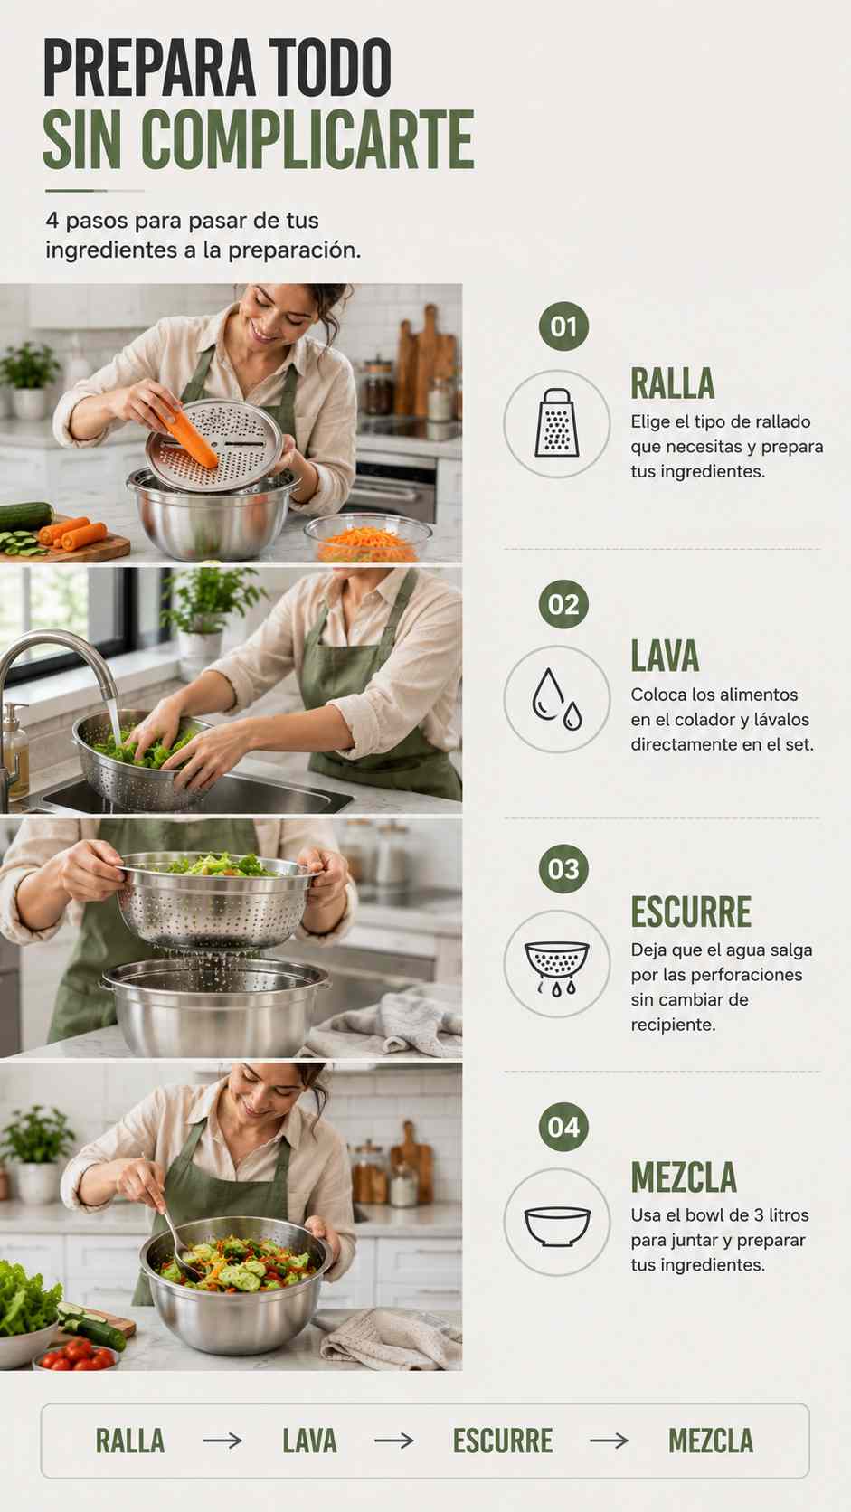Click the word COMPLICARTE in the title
(307, 140)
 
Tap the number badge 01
(563, 326)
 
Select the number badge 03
(563, 869)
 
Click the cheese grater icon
(557, 422)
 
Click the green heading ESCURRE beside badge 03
(691, 912)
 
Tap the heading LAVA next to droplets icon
(665, 657)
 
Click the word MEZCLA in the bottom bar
(711, 1441)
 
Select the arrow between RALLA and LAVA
(222, 1441)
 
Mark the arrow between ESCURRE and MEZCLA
(609, 1441)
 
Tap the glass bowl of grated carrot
(368, 538)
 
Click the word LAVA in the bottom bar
(309, 1441)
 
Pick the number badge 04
(563, 1127)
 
